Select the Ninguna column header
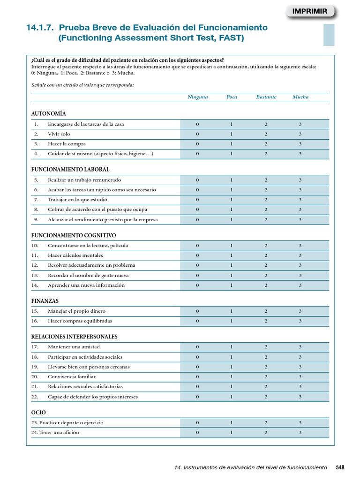click(x=197, y=97)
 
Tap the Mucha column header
click(x=300, y=97)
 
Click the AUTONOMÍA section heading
click(x=48, y=113)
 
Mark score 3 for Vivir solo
click(x=300, y=134)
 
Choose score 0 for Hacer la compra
click(x=197, y=144)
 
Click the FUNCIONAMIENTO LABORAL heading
click(x=70, y=169)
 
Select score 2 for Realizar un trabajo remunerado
click(x=266, y=180)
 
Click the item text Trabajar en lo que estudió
click(x=74, y=200)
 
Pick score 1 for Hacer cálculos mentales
click(x=232, y=255)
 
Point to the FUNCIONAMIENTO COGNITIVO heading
click(x=74, y=235)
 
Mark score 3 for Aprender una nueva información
click(x=300, y=285)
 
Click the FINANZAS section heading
click(x=45, y=301)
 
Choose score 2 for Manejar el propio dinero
click(x=266, y=311)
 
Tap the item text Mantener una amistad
click(x=74, y=347)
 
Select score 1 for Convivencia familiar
click(x=232, y=376)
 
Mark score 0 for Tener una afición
click(x=197, y=432)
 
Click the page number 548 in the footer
click(x=340, y=467)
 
